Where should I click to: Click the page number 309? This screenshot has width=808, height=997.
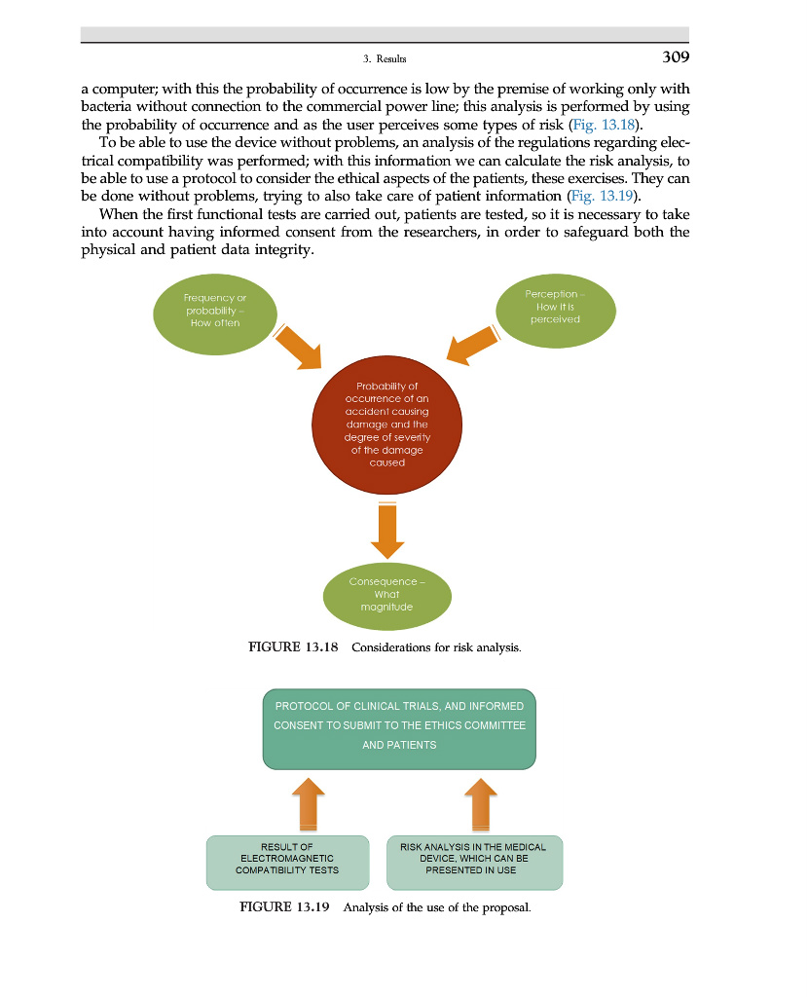click(x=676, y=57)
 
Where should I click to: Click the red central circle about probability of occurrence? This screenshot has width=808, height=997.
click(x=387, y=425)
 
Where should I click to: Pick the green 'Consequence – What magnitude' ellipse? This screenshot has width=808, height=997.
click(x=387, y=594)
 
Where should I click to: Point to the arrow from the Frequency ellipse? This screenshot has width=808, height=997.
click(x=298, y=347)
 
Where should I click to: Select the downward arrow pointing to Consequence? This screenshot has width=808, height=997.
click(x=387, y=528)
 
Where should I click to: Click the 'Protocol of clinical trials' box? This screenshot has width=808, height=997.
click(x=399, y=726)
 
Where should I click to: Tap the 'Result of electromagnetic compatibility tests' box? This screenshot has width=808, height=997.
click(x=287, y=861)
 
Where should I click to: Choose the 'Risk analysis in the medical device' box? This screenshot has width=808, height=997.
click(x=474, y=861)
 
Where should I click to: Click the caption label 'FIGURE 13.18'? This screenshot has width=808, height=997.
click(x=288, y=647)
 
